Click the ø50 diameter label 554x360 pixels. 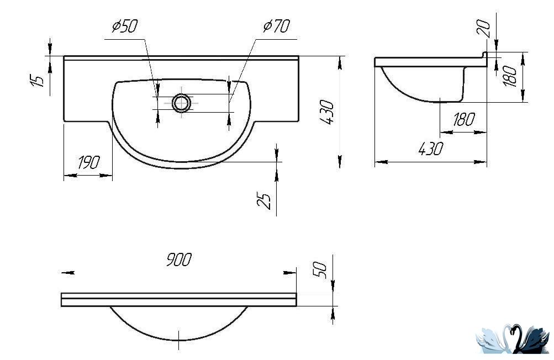pos(124,26)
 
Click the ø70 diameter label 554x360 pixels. pos(277,26)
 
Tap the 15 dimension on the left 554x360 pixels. pos(38,81)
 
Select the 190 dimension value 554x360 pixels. pos(89,162)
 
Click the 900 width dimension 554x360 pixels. pos(179,260)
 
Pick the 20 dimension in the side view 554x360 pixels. pos(484,29)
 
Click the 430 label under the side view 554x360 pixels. pos(430,149)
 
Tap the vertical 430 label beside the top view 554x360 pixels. pos(327,112)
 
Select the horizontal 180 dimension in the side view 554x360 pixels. pos(463,119)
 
